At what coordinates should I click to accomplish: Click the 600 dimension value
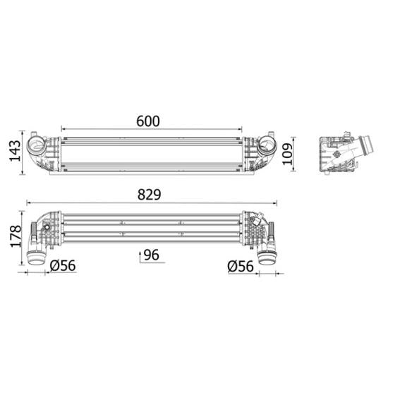tap(147, 121)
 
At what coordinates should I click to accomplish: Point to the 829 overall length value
tap(150, 193)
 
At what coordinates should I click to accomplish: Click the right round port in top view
tap(267, 147)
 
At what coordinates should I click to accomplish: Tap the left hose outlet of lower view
tap(35, 255)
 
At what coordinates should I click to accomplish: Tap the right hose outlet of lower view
tap(267, 255)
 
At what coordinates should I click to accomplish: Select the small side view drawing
tap(342, 154)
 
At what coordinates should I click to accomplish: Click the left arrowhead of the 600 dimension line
tap(63, 130)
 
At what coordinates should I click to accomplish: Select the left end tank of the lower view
tap(46, 229)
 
